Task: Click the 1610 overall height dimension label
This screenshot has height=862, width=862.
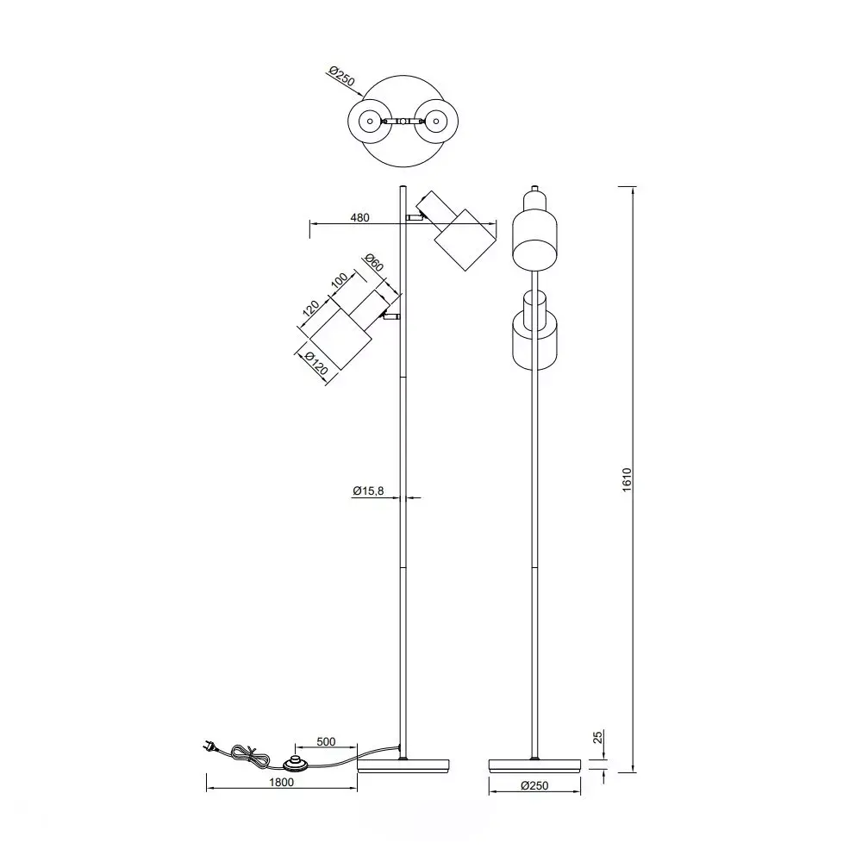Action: tap(628, 478)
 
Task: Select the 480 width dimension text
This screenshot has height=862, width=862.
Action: tap(360, 218)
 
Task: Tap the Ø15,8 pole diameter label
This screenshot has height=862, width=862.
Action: tap(367, 490)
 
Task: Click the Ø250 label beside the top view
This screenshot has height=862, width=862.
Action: tap(341, 77)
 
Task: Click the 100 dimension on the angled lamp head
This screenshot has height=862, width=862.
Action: tap(339, 282)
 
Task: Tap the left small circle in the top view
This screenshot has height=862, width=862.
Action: tap(370, 122)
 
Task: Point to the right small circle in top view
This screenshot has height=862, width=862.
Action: tap(437, 122)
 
